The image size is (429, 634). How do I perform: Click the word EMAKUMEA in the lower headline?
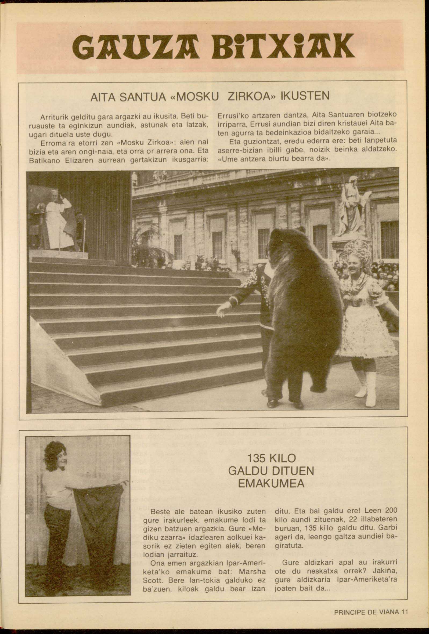(271, 484)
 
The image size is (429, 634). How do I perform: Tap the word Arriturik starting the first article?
(52, 117)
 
